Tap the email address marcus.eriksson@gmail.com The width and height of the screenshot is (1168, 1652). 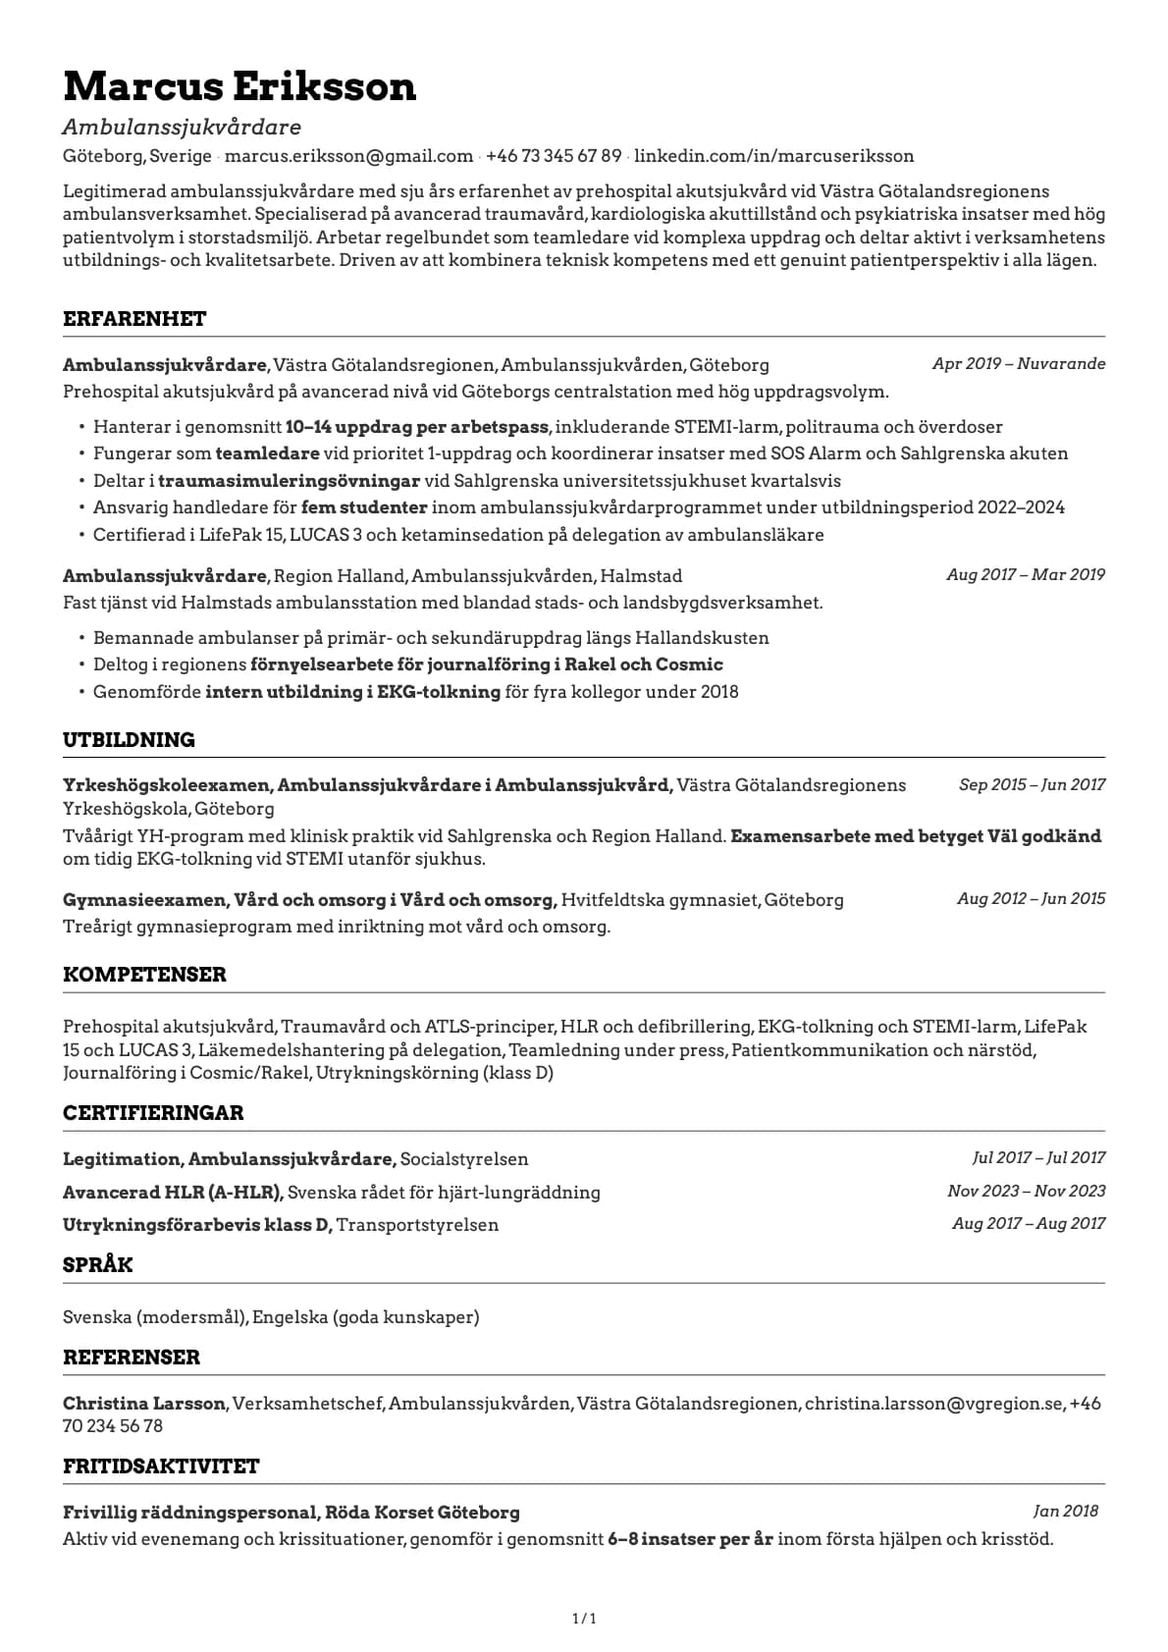[349, 156]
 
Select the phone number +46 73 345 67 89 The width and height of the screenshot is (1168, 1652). [554, 156]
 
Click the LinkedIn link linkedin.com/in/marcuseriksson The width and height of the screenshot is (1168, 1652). [774, 156]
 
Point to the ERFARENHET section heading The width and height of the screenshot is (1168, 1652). [134, 319]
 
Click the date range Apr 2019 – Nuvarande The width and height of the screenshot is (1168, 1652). [1019, 364]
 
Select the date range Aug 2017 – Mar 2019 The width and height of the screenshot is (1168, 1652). [1026, 575]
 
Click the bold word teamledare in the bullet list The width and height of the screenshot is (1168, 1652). [267, 453]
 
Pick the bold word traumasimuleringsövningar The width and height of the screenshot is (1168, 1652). [289, 481]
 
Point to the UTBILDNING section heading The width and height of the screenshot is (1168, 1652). [129, 740]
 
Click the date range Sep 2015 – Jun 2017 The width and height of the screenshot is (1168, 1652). [1032, 785]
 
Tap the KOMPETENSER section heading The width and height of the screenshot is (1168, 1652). [144, 975]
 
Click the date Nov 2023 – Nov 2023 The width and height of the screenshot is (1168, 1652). [1026, 1192]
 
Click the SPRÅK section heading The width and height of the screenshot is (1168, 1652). [97, 1265]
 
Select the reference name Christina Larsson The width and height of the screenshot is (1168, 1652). [144, 1404]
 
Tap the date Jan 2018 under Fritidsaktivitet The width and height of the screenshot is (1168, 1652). [1065, 1512]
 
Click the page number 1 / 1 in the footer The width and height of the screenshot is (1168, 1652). [584, 1619]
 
